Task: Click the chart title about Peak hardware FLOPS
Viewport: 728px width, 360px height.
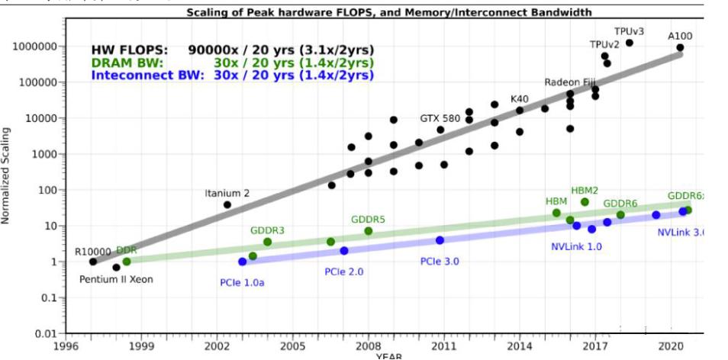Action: pos(389,13)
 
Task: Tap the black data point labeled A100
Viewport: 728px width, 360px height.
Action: pos(679,47)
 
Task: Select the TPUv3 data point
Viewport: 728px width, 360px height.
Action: pos(630,43)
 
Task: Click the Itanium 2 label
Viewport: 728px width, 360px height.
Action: pos(227,193)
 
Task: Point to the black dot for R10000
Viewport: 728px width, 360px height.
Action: pos(93,262)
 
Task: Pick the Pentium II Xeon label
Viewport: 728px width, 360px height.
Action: pos(116,279)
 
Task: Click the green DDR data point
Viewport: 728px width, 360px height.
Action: pos(127,262)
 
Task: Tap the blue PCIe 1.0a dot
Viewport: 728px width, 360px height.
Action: pos(243,262)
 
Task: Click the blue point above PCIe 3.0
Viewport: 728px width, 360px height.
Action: pos(440,240)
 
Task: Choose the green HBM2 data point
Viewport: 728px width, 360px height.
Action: pos(585,202)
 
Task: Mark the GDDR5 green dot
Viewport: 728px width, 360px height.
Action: pos(369,231)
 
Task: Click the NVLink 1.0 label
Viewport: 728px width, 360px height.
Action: pos(576,246)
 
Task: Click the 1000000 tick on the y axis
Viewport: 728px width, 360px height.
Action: pos(35,47)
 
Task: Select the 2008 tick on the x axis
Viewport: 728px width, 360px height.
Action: pos(369,345)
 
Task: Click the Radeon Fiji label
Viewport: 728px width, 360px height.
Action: pos(569,82)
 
